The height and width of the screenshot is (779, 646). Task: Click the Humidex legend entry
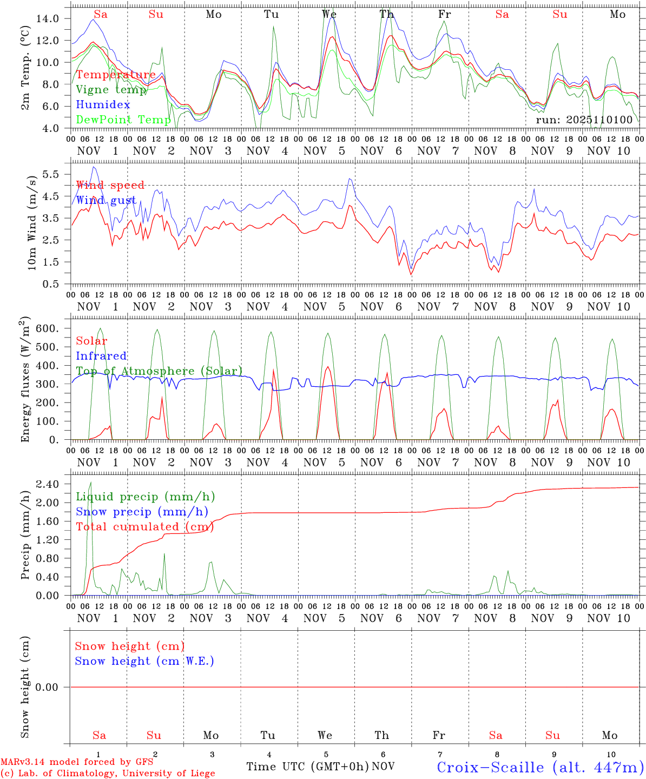[103, 104]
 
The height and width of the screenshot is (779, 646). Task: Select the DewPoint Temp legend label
[123, 119]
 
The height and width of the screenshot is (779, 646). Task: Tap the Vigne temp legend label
[111, 89]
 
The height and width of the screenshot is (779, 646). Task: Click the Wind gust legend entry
[106, 200]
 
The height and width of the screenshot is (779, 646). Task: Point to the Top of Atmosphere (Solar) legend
[159, 371]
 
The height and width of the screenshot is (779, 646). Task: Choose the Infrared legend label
[101, 355]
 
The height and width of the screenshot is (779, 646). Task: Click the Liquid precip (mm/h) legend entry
[145, 496]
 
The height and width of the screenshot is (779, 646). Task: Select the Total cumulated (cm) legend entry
[144, 526]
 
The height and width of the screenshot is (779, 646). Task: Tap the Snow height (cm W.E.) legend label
[144, 661]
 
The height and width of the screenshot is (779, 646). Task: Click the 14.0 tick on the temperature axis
[48, 18]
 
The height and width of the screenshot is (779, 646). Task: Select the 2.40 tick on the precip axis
[48, 484]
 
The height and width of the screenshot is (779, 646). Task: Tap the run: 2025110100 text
[584, 120]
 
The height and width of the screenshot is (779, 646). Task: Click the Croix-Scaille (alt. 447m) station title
[539, 767]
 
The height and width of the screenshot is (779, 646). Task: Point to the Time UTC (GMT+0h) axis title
[307, 766]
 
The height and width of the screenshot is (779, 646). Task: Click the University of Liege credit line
[108, 773]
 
